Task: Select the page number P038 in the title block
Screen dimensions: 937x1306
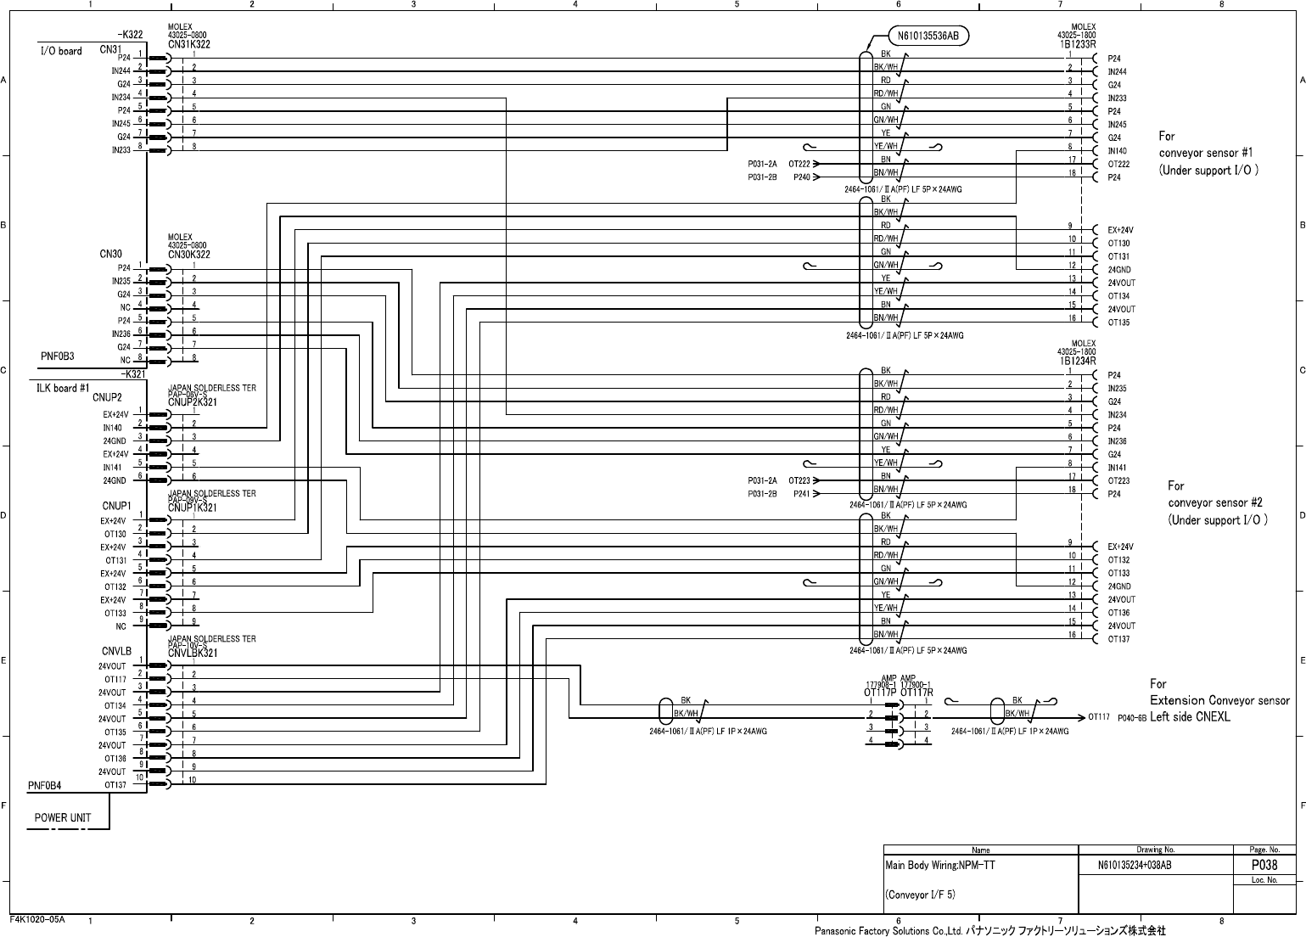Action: pyautogui.click(x=1264, y=866)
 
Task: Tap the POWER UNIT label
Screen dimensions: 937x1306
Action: pyautogui.click(x=63, y=817)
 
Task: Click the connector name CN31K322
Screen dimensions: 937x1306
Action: pyautogui.click(x=189, y=44)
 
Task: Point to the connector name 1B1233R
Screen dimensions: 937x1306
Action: pyautogui.click(x=1078, y=44)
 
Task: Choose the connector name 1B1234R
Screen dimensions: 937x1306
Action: pyautogui.click(x=1078, y=361)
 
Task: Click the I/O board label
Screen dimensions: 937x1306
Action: pyautogui.click(x=61, y=51)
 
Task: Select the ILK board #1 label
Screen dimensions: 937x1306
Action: pyautogui.click(x=63, y=388)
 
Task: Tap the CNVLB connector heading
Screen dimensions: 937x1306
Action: pyautogui.click(x=116, y=652)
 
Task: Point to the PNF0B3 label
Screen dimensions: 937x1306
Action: pyautogui.click(x=58, y=356)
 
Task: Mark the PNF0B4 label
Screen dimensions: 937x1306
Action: pyautogui.click(x=45, y=785)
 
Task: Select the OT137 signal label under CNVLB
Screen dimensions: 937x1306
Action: pyautogui.click(x=115, y=785)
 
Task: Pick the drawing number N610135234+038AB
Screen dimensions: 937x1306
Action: pyautogui.click(x=1135, y=866)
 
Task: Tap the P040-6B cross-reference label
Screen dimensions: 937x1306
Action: pyautogui.click(x=1132, y=717)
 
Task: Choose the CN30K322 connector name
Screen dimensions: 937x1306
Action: pyautogui.click(x=189, y=255)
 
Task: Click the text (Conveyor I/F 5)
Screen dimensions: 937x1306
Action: pyautogui.click(x=921, y=895)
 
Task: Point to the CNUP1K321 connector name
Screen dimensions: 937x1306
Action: pyautogui.click(x=193, y=508)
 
